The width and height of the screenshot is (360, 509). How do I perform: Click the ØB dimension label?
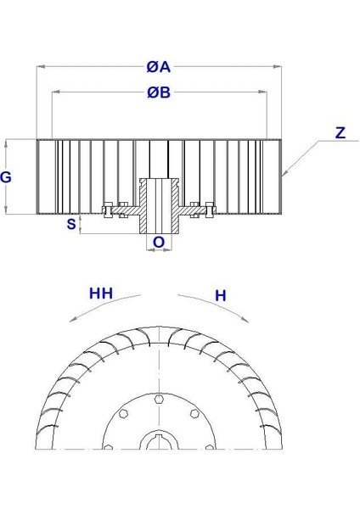[159, 92]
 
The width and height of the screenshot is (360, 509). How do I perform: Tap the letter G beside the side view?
[7, 177]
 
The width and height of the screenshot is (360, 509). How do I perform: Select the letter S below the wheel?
[71, 224]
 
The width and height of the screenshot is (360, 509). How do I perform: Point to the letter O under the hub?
[158, 243]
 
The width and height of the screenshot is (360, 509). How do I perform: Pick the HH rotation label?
[101, 294]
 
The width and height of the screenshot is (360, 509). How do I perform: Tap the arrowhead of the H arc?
[248, 318]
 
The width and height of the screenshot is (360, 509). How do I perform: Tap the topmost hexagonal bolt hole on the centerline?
[159, 396]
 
